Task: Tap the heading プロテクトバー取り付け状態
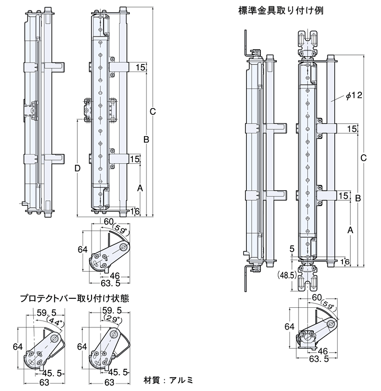tap(74, 299)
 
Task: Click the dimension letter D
tap(77, 168)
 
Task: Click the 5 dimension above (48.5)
tap(292, 247)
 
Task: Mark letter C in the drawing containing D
tap(152, 111)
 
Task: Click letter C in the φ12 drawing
tap(363, 158)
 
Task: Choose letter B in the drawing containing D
tap(146, 139)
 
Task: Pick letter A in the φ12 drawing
tap(350, 230)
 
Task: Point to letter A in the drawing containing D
tap(140, 188)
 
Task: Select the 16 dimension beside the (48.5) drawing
tap(344, 261)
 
